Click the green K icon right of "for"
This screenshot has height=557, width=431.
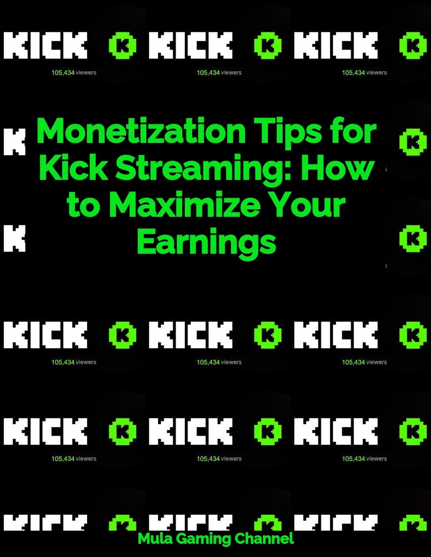coord(413,141)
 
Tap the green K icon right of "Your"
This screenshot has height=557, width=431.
coord(413,238)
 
